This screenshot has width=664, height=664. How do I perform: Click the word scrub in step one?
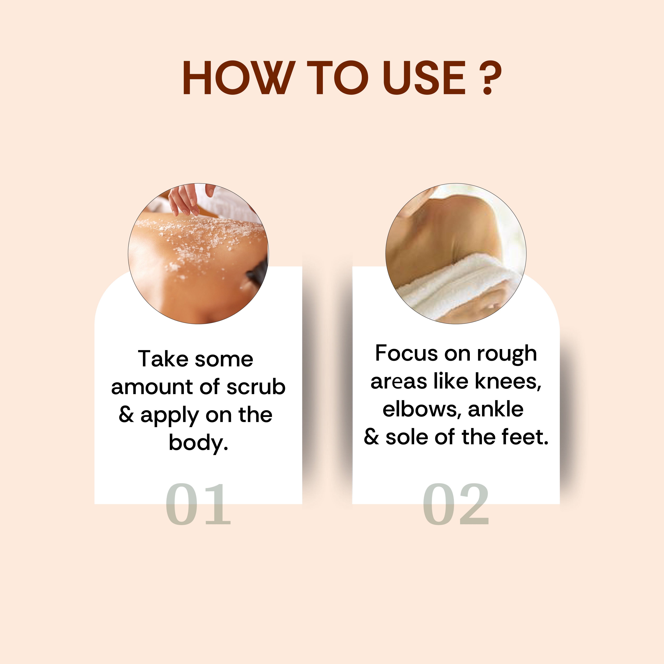click(256, 387)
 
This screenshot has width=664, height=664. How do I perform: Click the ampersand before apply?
click(126, 415)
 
